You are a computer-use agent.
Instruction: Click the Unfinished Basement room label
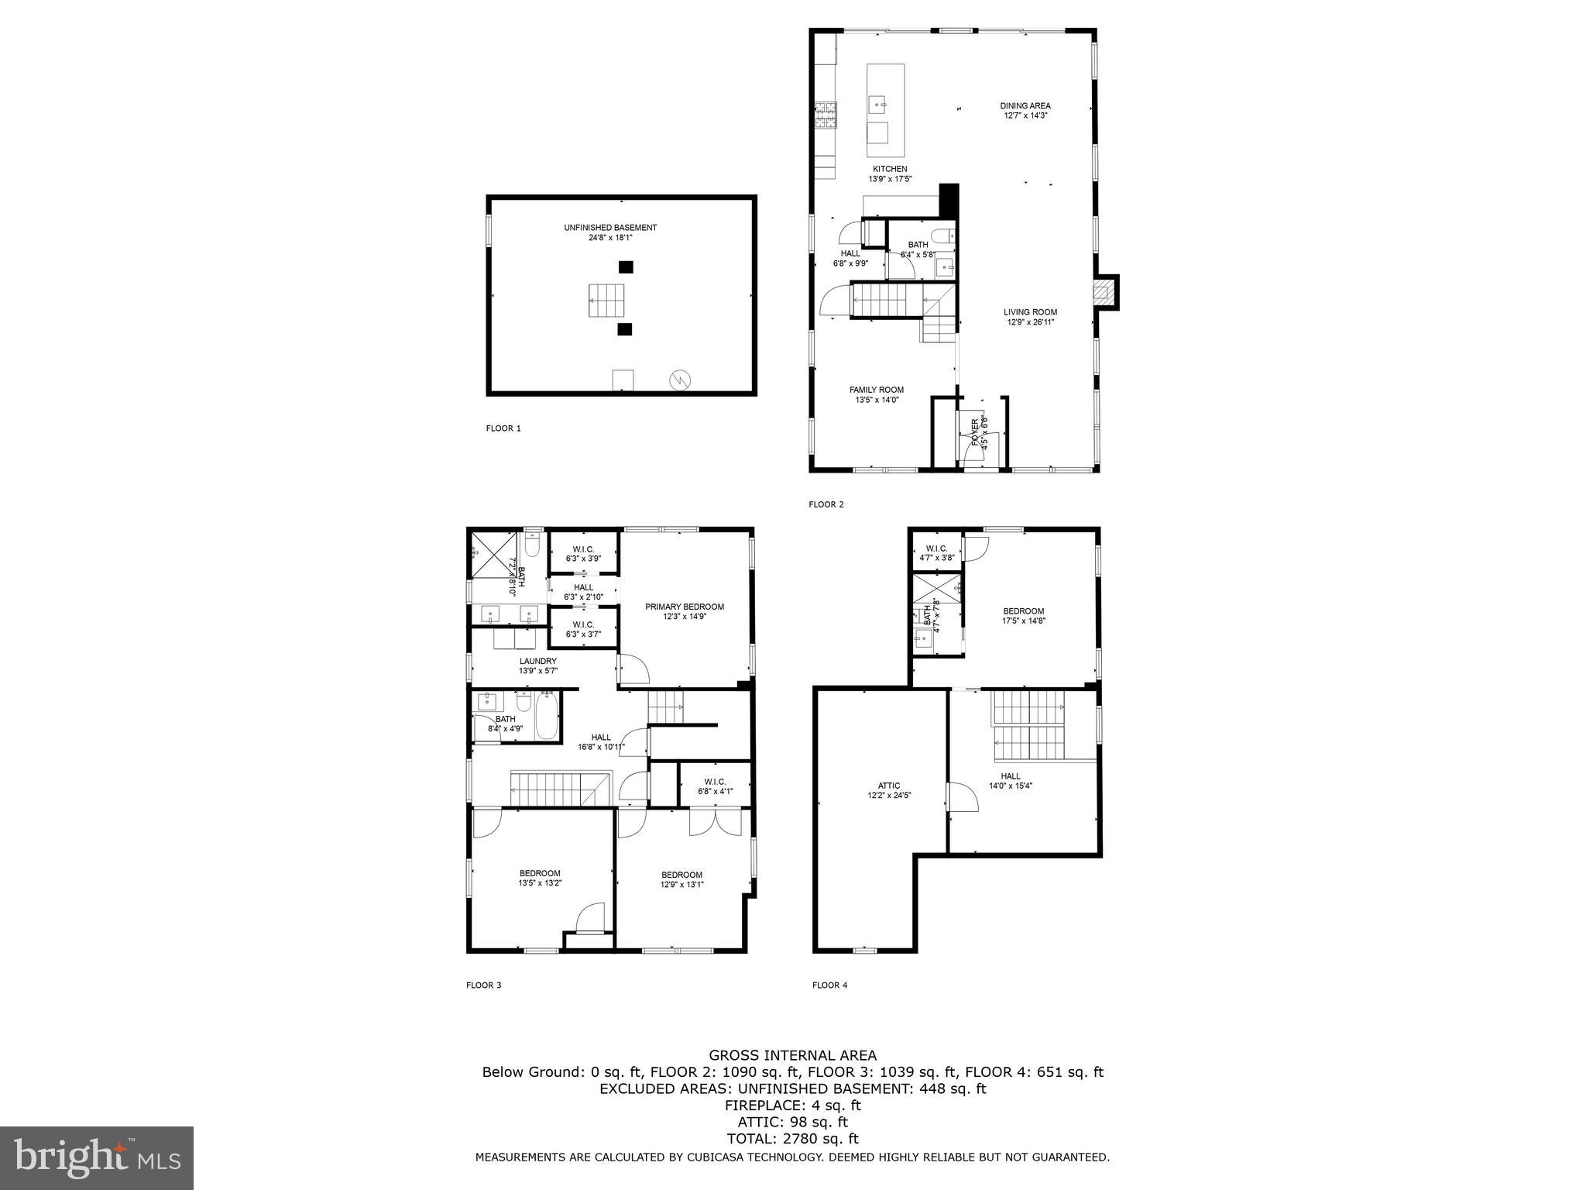(x=610, y=232)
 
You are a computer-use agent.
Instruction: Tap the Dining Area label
(x=1025, y=111)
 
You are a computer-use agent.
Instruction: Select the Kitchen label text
(x=890, y=174)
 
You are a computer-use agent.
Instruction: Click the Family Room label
(x=876, y=395)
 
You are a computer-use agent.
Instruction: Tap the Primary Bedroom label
(x=685, y=611)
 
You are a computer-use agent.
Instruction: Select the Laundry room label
(x=537, y=666)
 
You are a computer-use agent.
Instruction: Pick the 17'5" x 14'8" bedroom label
(x=1024, y=615)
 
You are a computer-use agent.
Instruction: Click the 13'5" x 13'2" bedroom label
(x=540, y=878)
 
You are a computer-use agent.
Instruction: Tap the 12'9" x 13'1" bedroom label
(x=681, y=879)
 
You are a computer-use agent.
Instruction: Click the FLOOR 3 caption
(x=483, y=985)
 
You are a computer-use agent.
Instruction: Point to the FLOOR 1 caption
(x=503, y=428)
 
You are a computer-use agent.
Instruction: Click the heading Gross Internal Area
(x=792, y=1055)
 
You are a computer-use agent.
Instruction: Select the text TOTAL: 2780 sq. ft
(x=792, y=1139)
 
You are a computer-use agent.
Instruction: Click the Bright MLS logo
(x=97, y=1158)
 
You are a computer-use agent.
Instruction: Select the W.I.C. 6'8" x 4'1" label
(x=714, y=786)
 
